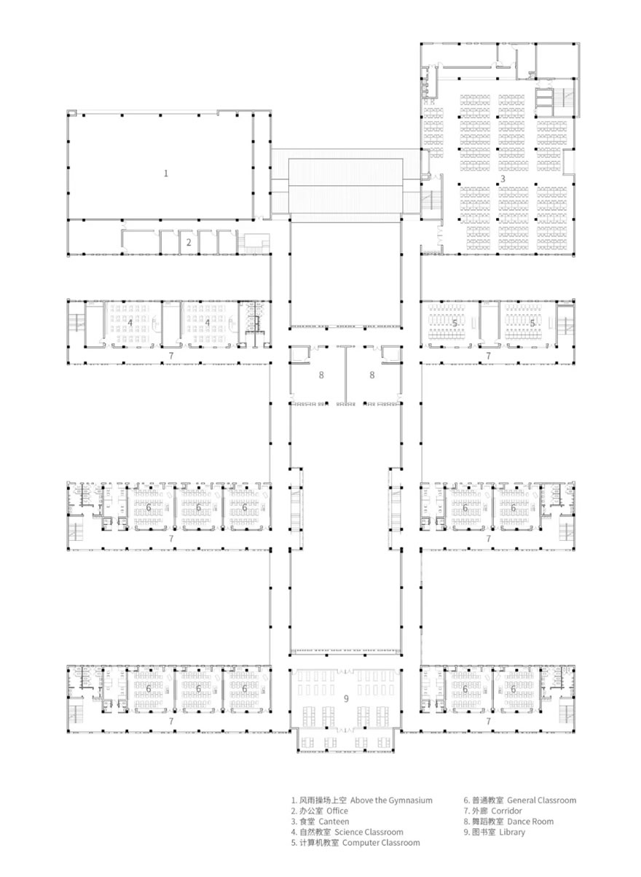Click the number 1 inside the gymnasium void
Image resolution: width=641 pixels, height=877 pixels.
coord(166,173)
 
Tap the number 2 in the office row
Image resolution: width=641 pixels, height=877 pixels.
coord(188,242)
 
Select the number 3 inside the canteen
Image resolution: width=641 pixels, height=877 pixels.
coord(502,179)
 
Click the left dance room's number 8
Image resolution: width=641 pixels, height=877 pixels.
coord(320,375)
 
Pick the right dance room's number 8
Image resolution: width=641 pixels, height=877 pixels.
coord(372,375)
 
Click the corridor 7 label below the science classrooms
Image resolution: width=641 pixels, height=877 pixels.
coord(170,355)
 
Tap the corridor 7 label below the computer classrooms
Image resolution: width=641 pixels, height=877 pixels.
coord(489,355)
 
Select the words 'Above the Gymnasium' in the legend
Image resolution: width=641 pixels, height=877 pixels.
coord(391,800)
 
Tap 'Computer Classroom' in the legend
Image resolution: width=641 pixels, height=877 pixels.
coord(381,843)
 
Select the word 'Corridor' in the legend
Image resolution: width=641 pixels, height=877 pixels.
coord(506,811)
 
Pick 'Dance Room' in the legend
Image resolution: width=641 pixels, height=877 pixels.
coord(530,822)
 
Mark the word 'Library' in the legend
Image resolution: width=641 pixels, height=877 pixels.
coord(512,832)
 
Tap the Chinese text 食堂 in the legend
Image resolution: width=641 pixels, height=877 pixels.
coord(307,822)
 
